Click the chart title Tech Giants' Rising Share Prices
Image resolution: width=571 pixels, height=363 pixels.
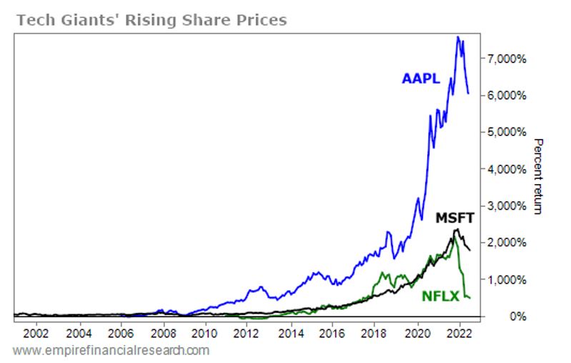(151, 19)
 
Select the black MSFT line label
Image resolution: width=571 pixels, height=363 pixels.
(455, 218)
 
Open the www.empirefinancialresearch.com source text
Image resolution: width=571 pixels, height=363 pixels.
(111, 350)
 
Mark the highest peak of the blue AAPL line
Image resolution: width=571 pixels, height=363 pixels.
(458, 37)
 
